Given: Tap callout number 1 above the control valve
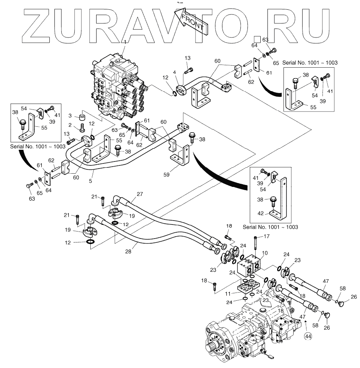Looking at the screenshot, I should click(x=125, y=41).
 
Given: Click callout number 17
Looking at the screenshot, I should click(x=267, y=236).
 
